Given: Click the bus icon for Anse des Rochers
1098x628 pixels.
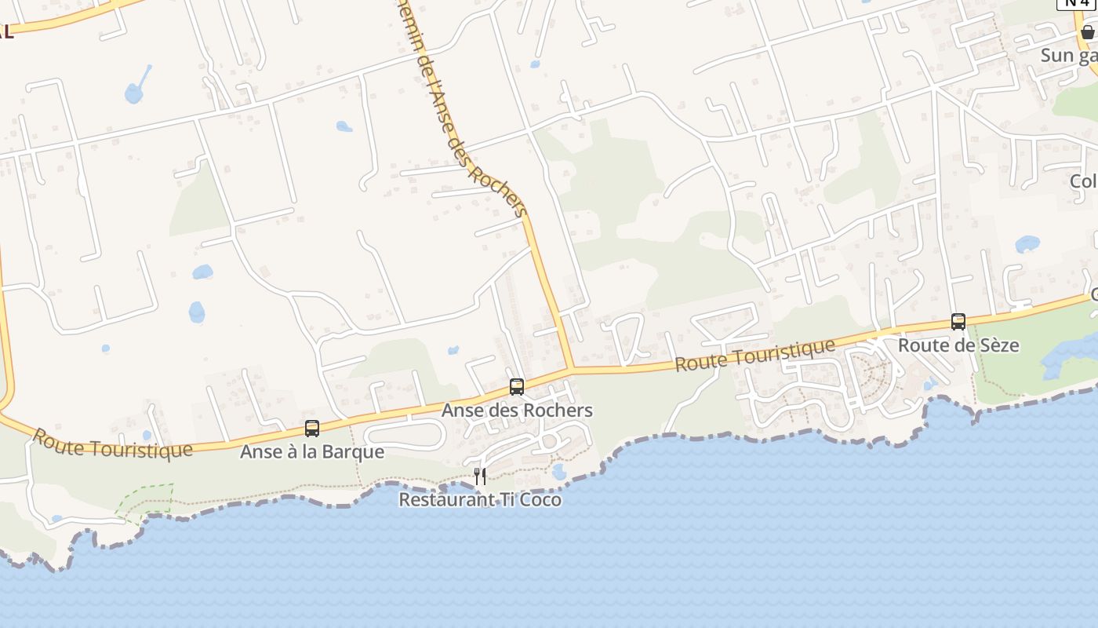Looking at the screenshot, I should pyautogui.click(x=516, y=386).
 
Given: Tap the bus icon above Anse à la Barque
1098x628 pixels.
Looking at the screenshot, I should pyautogui.click(x=312, y=429).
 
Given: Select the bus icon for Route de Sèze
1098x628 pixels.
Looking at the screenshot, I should pyautogui.click(x=958, y=321).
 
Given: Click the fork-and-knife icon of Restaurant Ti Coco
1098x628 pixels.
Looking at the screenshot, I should pyautogui.click(x=480, y=476).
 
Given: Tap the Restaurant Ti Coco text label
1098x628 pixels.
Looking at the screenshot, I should pyautogui.click(x=480, y=499).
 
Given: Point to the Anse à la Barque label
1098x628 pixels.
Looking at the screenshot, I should pyautogui.click(x=312, y=452).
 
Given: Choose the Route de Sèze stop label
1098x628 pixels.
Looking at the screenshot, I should pyautogui.click(x=958, y=345).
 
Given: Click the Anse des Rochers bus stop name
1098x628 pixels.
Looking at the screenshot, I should pyautogui.click(x=517, y=411).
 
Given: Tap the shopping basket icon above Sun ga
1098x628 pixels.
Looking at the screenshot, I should pyautogui.click(x=1087, y=32).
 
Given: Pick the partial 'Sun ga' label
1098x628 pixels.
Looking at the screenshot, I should pyautogui.click(x=1068, y=56).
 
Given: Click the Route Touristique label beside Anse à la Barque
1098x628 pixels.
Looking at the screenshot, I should pyautogui.click(x=112, y=444).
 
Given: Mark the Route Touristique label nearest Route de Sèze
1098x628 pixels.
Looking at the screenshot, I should pyautogui.click(x=755, y=356).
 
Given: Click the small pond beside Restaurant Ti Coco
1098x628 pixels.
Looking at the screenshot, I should pyautogui.click(x=558, y=472).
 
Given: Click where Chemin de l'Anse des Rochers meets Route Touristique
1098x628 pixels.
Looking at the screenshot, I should pyautogui.click(x=570, y=368).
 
